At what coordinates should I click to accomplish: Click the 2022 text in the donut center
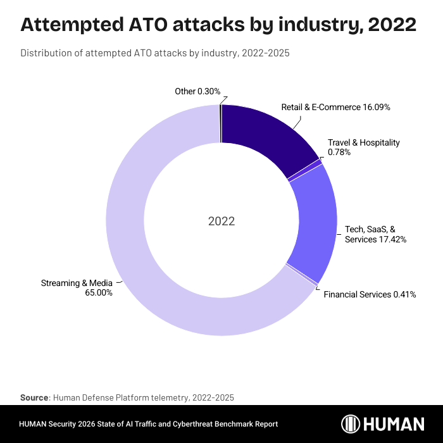[x=221, y=221]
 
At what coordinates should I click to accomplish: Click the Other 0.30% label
[x=197, y=92]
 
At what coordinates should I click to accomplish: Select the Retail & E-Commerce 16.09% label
[x=335, y=107]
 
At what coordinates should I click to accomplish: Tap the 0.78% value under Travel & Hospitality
[x=339, y=153]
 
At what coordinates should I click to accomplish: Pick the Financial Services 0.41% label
[x=370, y=294]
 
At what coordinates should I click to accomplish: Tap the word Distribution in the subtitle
[x=46, y=53]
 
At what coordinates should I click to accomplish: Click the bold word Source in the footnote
[x=34, y=397]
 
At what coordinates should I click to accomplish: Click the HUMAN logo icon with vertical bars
[x=352, y=423]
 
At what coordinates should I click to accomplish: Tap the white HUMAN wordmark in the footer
[x=395, y=423]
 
